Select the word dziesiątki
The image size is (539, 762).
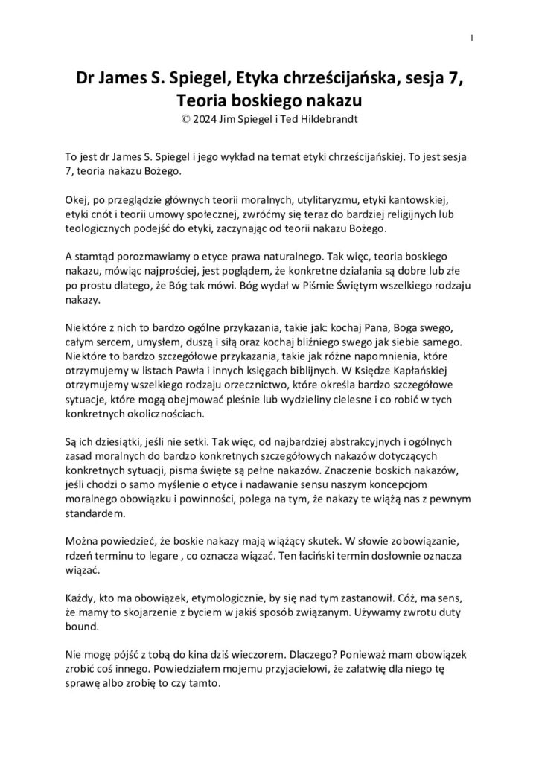119,441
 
